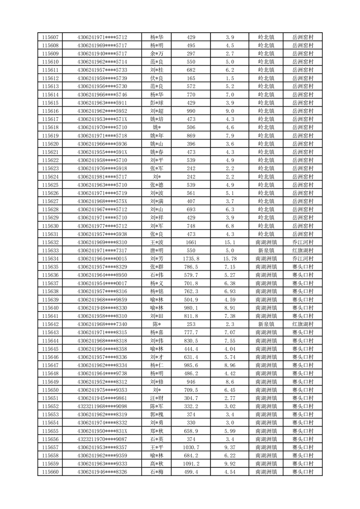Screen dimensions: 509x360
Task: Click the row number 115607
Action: pyautogui.click(x=50, y=37)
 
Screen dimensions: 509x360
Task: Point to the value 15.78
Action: pyautogui.click(x=230, y=259)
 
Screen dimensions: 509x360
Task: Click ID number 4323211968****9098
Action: pyautogui.click(x=102, y=406)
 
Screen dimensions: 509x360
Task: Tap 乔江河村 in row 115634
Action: pyautogui.click(x=302, y=259)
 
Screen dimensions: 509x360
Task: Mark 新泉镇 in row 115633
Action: pyautogui.click(x=266, y=250)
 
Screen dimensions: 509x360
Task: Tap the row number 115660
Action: pyautogui.click(x=50, y=472)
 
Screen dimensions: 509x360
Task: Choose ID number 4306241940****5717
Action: pyautogui.click(x=102, y=54)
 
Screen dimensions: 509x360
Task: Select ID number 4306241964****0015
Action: pyautogui.click(x=102, y=259)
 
